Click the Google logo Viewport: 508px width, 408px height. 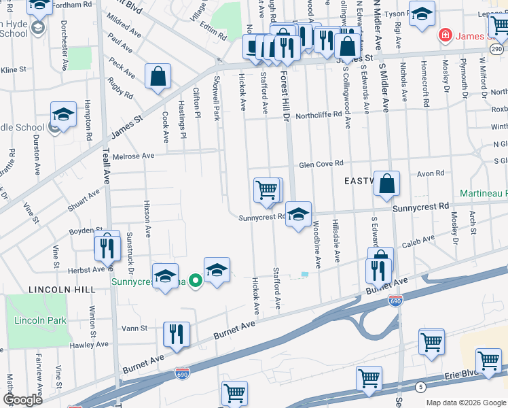point(22,400)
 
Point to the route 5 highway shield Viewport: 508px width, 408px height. point(422,387)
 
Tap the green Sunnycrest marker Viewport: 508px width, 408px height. point(196,279)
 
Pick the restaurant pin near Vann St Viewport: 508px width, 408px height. point(176,335)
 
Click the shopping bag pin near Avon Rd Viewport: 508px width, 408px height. point(386,184)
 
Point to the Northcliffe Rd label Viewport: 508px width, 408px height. point(317,115)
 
